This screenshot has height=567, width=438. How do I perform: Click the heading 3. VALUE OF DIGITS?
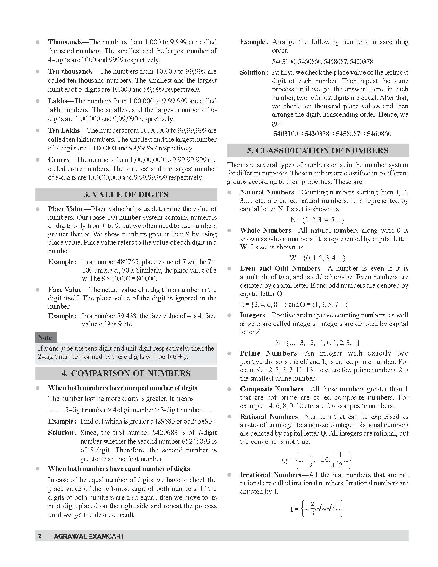tap(126, 194)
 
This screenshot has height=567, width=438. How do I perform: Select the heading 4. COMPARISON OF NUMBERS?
tap(126, 373)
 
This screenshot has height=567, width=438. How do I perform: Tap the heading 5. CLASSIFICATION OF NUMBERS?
tap(317, 151)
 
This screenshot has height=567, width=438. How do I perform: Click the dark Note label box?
tap(46, 337)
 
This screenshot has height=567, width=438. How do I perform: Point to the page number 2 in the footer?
tap(39, 536)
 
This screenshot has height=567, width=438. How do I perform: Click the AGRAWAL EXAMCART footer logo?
tap(89, 536)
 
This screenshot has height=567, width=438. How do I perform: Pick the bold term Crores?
tap(59, 160)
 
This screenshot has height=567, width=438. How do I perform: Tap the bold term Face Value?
tap(65, 290)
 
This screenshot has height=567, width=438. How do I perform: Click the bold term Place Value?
tap(66, 209)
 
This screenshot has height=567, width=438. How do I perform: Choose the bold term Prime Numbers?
tap(268, 353)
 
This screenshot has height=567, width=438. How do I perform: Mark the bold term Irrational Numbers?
tap(270, 475)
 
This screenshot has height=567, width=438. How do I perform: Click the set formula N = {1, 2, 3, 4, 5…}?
tap(317, 220)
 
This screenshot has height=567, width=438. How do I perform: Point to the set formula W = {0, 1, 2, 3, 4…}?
tap(317, 258)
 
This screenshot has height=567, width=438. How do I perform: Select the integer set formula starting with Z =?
tap(317, 343)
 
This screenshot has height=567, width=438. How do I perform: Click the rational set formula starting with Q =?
tap(316, 460)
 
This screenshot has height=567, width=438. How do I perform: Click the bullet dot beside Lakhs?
tap(38, 101)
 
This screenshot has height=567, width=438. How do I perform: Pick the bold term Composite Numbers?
tap(271, 389)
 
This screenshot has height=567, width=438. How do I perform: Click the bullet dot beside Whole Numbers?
tap(229, 230)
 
